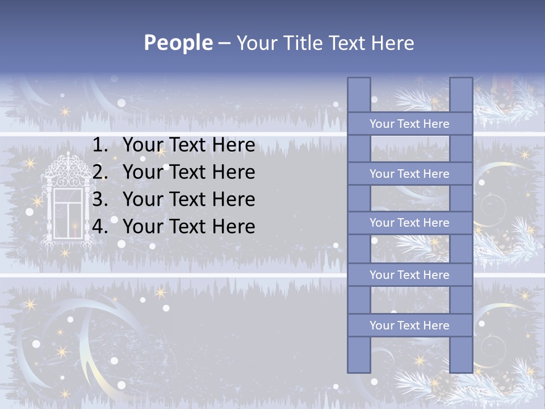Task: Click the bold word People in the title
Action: click(x=178, y=43)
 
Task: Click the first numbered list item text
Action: click(x=188, y=145)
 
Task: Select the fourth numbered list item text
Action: click(x=188, y=227)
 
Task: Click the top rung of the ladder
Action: click(x=409, y=124)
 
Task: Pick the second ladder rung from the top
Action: click(x=409, y=174)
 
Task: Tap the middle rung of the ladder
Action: click(x=409, y=223)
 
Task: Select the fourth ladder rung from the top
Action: click(x=409, y=275)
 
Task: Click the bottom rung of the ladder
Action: click(x=409, y=325)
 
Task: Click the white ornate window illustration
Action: click(x=66, y=204)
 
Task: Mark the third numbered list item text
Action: click(x=188, y=199)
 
